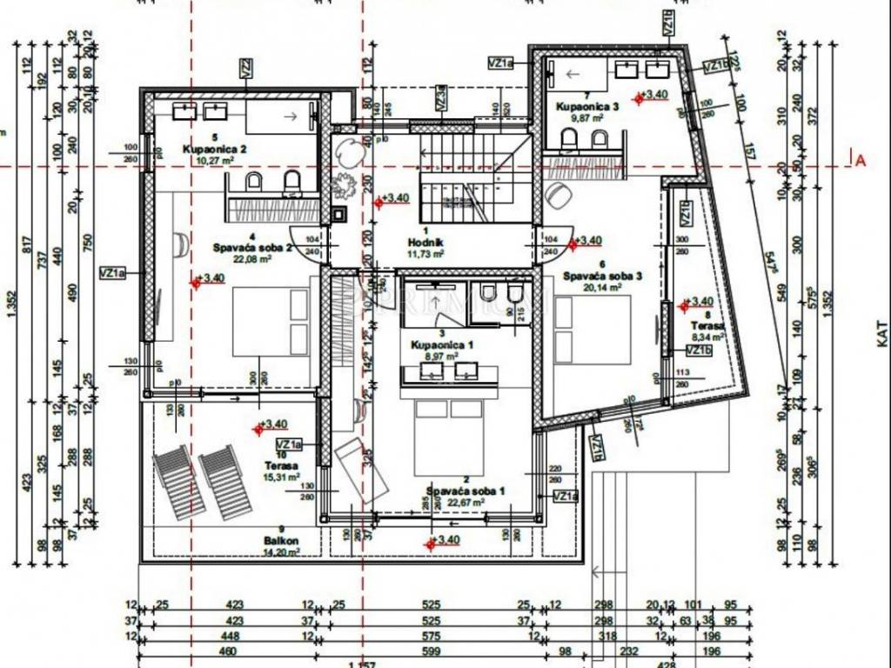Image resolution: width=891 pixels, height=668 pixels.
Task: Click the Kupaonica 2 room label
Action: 215,149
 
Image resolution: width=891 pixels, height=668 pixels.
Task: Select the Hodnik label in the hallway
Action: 425,242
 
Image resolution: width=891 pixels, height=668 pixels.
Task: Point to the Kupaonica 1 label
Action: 442,344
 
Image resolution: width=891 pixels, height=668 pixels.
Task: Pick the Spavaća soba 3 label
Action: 601,276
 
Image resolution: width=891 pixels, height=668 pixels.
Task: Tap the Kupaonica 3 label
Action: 588,106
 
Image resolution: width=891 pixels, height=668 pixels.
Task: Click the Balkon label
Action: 281,540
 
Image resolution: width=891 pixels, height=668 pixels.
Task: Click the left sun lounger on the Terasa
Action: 178,482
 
